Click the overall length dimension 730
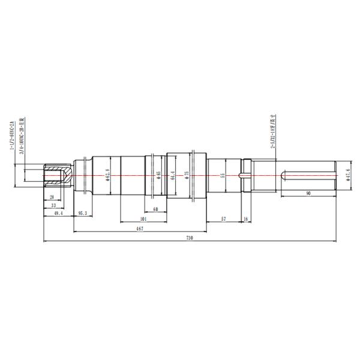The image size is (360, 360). tap(190, 238)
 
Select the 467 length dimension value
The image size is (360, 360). tap(139, 229)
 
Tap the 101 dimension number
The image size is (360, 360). tap(143, 219)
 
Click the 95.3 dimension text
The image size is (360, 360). tap(83, 213)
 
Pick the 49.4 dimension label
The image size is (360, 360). tap(59, 213)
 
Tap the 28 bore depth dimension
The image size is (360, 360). tap(52, 196)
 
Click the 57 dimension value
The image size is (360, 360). tap(223, 219)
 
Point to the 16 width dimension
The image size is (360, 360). tap(246, 219)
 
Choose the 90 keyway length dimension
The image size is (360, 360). tap(308, 194)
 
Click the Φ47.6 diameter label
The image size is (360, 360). tap(348, 174)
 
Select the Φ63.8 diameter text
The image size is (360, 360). tap(108, 175)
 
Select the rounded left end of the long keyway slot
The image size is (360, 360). tap(283, 175)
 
